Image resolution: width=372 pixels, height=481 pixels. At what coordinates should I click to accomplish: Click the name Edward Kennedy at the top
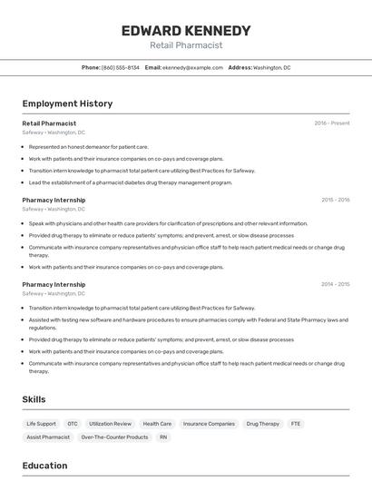[185, 30]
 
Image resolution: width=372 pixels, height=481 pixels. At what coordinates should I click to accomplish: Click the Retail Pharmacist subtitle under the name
[185, 45]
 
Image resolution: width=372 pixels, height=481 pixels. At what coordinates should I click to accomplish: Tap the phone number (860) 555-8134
[121, 68]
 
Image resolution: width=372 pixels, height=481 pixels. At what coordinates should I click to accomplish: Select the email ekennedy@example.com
[192, 68]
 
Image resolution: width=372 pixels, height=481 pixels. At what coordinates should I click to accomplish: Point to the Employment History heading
[67, 103]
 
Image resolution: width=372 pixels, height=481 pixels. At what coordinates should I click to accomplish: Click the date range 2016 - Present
[331, 123]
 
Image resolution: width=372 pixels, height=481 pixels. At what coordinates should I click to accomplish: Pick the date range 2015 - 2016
[335, 200]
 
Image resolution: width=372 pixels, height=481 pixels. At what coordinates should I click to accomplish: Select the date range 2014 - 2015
[335, 284]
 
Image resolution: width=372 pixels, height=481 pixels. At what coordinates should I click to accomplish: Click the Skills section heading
[34, 399]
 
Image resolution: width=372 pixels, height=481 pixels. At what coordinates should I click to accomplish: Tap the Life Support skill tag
[41, 424]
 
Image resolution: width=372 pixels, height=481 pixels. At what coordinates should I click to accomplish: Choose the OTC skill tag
[73, 424]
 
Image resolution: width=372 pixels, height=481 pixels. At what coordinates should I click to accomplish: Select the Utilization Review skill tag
[111, 424]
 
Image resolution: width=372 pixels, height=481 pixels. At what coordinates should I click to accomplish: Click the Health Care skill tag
[157, 424]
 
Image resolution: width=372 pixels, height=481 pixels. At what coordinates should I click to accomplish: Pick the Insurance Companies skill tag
[209, 424]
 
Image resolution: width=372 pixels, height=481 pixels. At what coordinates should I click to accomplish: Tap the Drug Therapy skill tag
[263, 424]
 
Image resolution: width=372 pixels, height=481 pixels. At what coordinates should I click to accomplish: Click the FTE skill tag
[296, 424]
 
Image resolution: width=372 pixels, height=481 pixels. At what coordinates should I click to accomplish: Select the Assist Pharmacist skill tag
[48, 437]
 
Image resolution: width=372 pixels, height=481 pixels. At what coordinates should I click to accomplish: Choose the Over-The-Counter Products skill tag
[114, 437]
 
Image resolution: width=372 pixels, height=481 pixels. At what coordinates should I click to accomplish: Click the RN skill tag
[163, 437]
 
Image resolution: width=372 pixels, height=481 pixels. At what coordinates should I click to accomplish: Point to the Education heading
[44, 466]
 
